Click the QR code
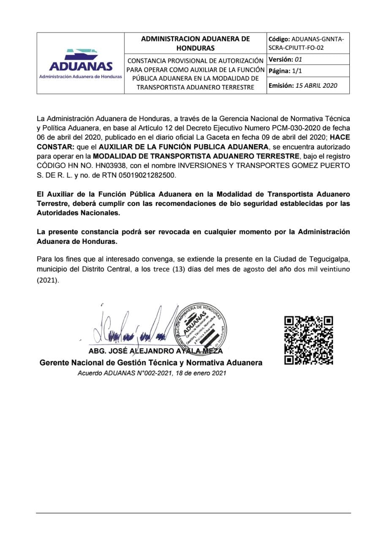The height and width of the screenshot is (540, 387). (x=308, y=340)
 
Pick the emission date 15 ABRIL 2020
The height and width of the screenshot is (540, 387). (x=316, y=85)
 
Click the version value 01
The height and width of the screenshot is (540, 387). (x=298, y=59)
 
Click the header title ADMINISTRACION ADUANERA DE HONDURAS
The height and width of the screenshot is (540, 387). (x=195, y=43)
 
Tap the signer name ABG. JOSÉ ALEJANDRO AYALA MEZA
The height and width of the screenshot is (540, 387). (x=155, y=351)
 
